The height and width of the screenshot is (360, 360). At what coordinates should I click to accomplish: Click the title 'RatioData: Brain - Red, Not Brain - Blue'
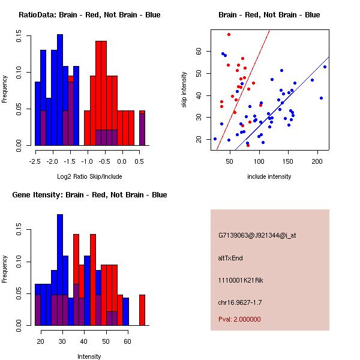[x=89, y=15]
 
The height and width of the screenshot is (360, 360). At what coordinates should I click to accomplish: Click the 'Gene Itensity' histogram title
[x=89, y=195]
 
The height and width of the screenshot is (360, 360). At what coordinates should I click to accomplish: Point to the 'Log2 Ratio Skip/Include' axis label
[x=89, y=176]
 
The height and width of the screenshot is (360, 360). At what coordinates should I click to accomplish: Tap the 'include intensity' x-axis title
[x=269, y=176]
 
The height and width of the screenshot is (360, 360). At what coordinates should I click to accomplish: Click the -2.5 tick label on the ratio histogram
[x=35, y=161]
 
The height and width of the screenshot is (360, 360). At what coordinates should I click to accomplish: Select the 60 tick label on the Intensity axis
[x=127, y=341]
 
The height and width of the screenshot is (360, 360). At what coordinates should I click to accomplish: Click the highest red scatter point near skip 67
[x=229, y=34]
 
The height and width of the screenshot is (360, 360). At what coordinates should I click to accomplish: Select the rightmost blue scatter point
[x=325, y=67]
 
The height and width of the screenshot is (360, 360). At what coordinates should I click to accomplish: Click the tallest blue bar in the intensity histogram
[x=60, y=269]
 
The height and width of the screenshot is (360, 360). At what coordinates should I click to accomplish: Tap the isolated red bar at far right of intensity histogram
[x=142, y=310]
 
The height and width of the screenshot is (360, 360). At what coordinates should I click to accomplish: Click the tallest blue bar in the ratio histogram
[x=60, y=89]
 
